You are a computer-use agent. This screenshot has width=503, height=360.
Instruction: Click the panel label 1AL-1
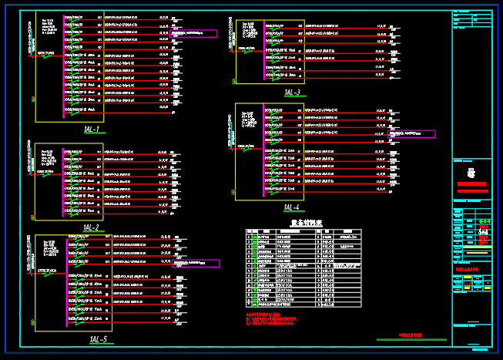pos(92,130)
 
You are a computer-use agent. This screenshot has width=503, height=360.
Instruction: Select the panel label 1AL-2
pos(92,227)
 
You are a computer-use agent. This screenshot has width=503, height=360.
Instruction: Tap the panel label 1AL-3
pos(293,93)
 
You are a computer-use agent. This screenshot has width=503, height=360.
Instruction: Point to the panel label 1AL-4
pos(291,207)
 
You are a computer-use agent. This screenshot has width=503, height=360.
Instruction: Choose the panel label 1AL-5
pos(99,339)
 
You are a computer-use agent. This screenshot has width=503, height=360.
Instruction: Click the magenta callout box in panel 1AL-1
pos(193,34)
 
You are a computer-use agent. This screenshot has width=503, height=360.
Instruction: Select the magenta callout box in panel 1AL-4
pos(411,134)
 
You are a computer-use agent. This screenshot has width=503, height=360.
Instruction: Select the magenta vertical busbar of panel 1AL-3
pos(263,52)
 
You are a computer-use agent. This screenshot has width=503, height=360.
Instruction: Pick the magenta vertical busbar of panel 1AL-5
pos(66,281)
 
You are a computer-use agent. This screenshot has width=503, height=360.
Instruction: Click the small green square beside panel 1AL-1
pos(33,99)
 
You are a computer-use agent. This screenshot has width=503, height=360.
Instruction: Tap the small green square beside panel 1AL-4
pos(233,192)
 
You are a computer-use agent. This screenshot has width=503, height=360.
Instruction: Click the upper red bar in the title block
pos(471,184)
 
